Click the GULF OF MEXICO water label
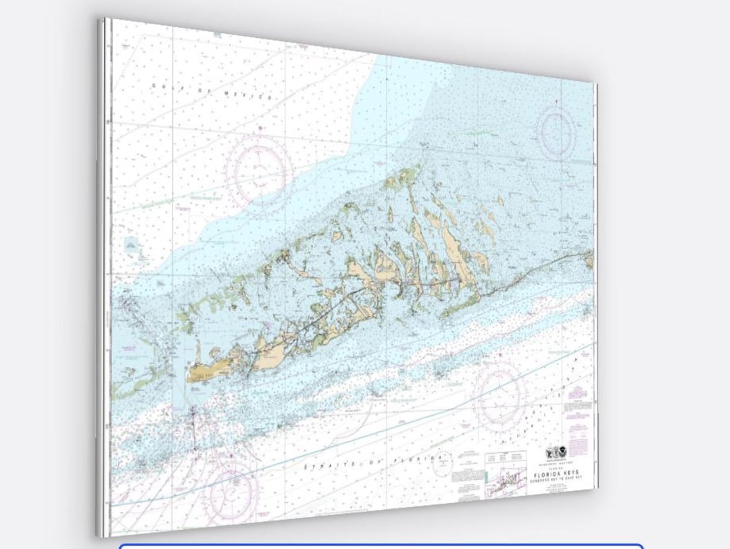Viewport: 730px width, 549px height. pyautogui.click(x=212, y=91)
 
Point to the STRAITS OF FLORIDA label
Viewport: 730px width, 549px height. pyautogui.click(x=376, y=463)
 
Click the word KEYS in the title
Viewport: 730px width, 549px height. pyautogui.click(x=569, y=473)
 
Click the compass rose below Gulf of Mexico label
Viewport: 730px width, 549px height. pyautogui.click(x=258, y=170)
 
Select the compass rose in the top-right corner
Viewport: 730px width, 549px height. pyautogui.click(x=556, y=128)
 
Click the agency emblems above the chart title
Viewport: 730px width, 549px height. pyautogui.click(x=556, y=452)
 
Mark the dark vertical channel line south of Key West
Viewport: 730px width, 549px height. pyautogui.click(x=195, y=426)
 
